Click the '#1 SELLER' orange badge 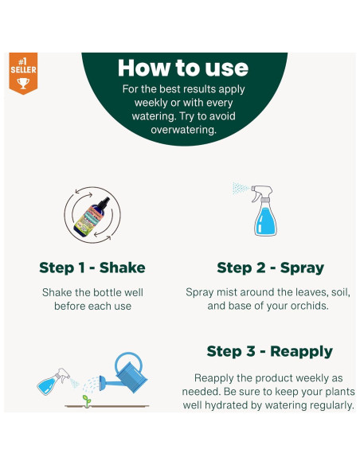(22, 72)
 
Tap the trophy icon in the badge (22, 81)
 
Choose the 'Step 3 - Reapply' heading (269, 351)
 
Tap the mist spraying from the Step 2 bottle (240, 189)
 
